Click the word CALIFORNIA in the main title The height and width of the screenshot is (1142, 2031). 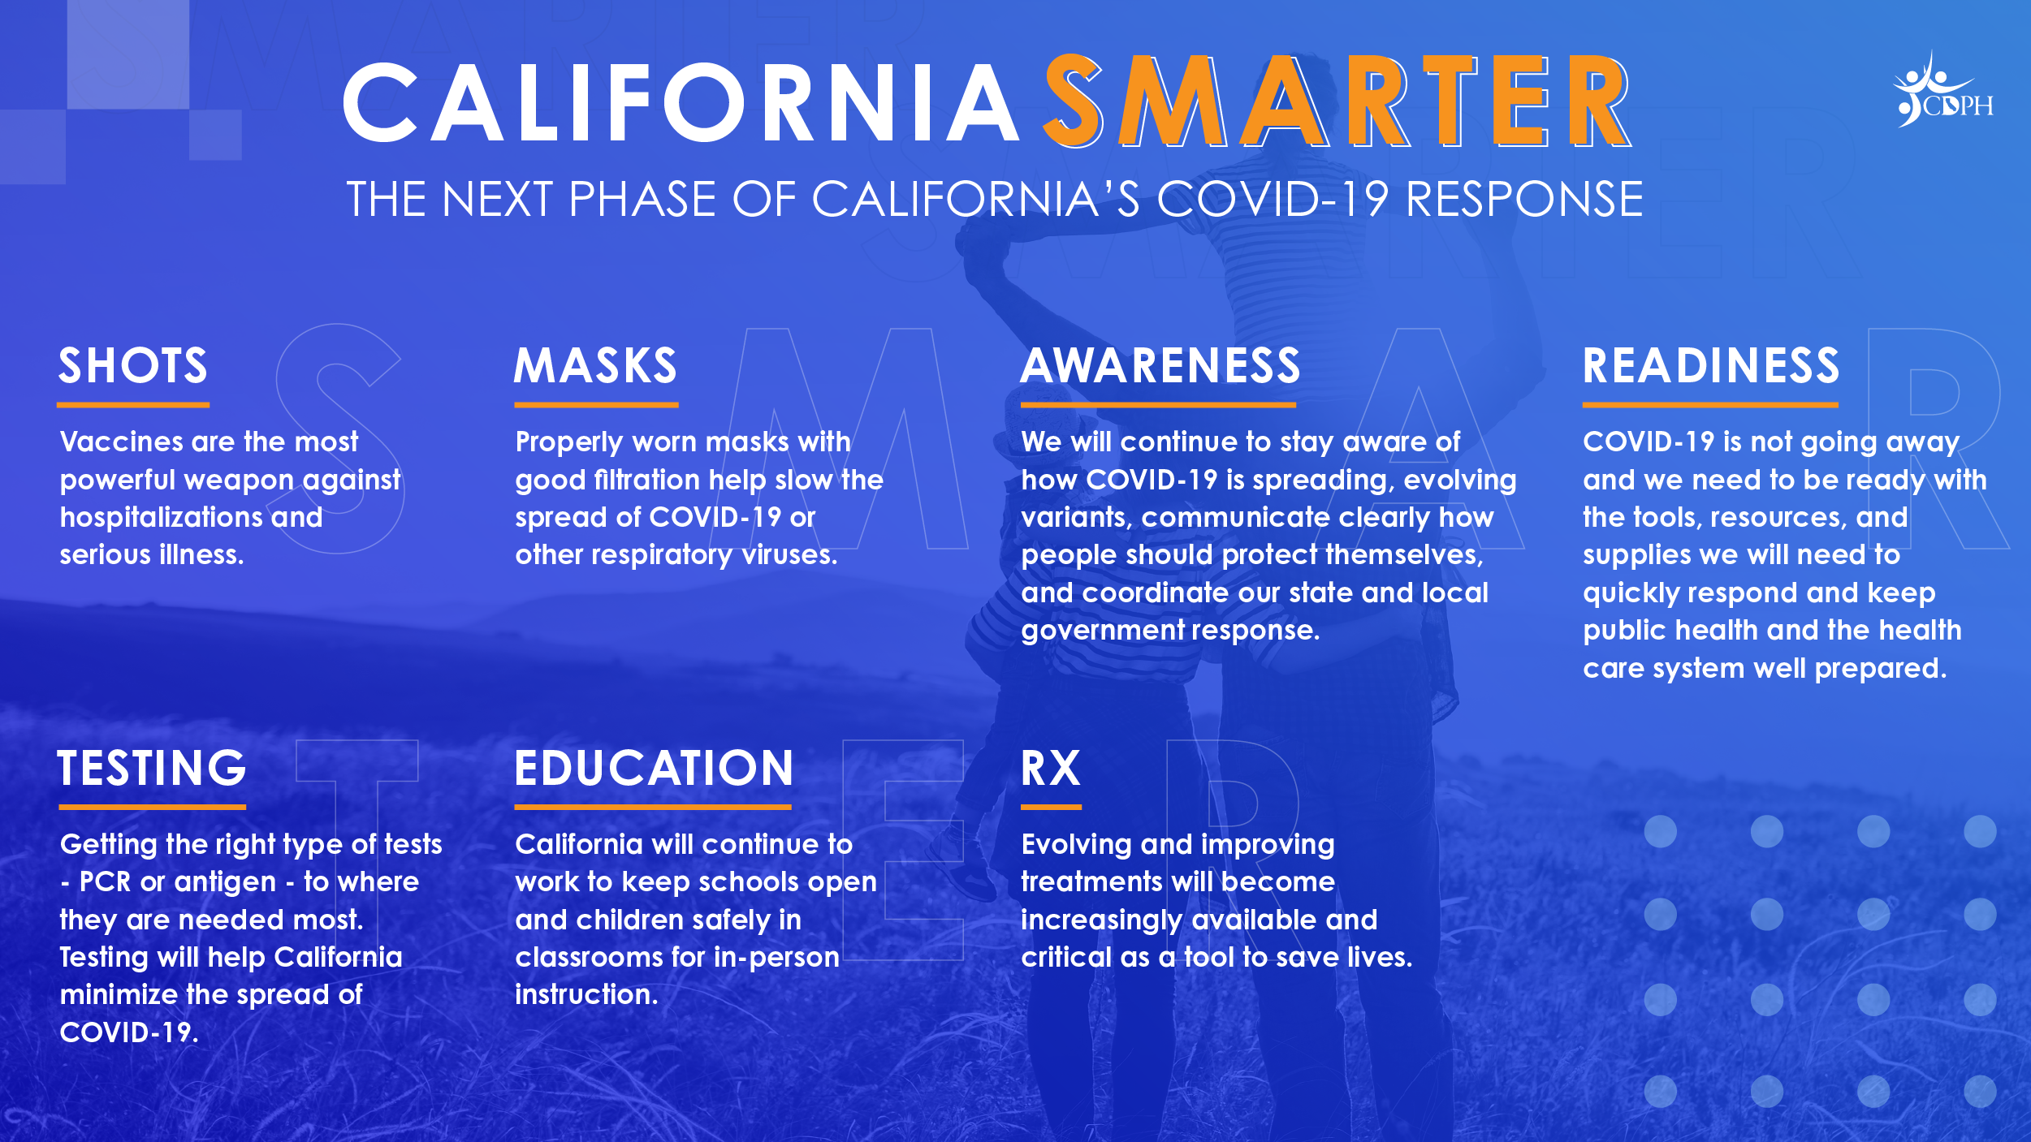click(681, 103)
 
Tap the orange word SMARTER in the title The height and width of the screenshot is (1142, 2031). click(1336, 101)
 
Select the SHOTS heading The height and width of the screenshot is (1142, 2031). click(133, 365)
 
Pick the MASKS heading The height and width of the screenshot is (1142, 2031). click(596, 365)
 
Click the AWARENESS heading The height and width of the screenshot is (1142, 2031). click(1160, 365)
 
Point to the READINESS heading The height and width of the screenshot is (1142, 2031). click(1711, 365)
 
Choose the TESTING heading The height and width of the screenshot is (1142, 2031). click(152, 768)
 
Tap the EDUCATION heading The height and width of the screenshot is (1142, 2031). click(654, 768)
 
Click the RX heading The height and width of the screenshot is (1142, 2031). click(1051, 768)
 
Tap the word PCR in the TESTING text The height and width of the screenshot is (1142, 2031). click(105, 882)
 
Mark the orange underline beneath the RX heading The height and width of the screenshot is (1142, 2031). click(1051, 807)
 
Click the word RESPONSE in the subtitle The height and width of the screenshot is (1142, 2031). click(1524, 199)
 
